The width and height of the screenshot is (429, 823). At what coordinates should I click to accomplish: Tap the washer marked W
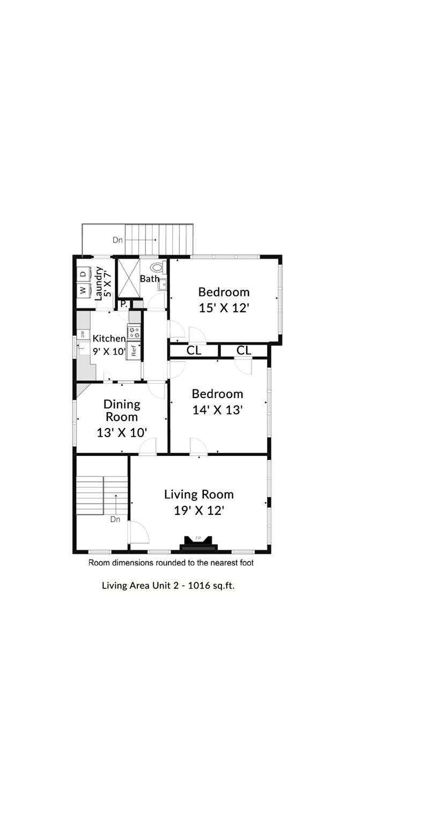[83, 290]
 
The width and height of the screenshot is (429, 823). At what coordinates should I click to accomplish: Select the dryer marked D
[83, 274]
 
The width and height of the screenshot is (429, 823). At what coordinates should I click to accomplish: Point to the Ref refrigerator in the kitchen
[134, 351]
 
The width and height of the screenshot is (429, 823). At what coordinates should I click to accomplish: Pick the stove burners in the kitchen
[134, 332]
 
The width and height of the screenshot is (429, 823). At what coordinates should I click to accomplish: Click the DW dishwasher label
[83, 334]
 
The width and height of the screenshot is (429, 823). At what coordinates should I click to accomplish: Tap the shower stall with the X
[128, 278]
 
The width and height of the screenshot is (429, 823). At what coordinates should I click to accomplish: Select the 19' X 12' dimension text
[198, 510]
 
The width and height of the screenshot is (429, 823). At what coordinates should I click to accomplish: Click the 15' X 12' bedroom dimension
[224, 308]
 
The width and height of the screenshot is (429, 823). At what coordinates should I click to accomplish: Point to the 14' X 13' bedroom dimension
[218, 410]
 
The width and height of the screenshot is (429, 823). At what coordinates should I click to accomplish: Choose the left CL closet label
[194, 351]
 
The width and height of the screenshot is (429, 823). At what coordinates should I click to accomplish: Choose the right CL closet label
[243, 351]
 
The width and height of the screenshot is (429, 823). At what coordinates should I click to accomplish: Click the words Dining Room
[122, 410]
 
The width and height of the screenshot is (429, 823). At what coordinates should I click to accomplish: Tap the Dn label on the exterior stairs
[117, 240]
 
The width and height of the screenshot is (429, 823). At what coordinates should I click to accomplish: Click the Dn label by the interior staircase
[115, 519]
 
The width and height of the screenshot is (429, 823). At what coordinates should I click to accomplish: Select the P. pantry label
[123, 304]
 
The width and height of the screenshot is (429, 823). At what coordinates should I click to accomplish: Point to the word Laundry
[99, 283]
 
